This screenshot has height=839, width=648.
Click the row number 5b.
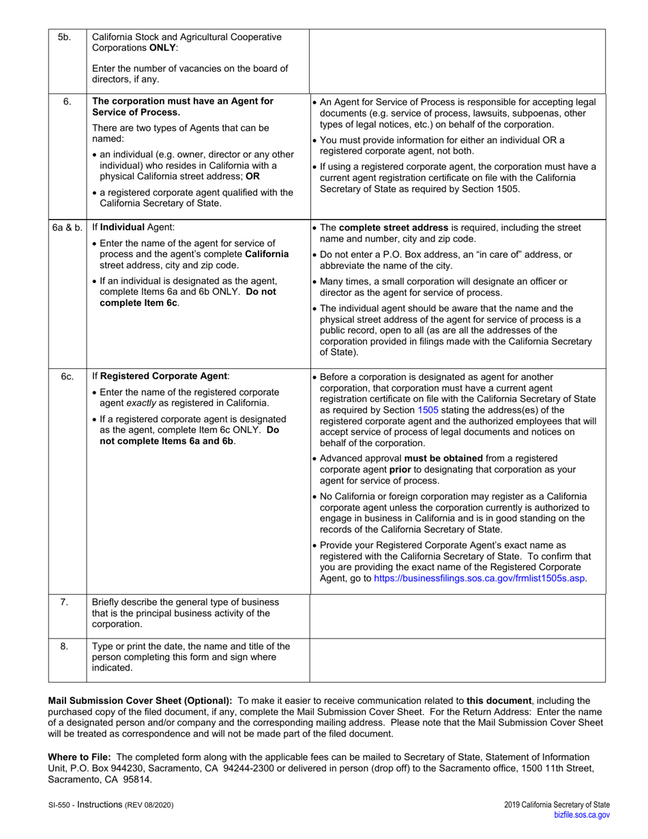[x=64, y=38]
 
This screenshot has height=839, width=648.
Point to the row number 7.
[x=64, y=602]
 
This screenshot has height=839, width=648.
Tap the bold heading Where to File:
[x=80, y=756]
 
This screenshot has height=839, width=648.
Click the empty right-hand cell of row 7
[x=457, y=613]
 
